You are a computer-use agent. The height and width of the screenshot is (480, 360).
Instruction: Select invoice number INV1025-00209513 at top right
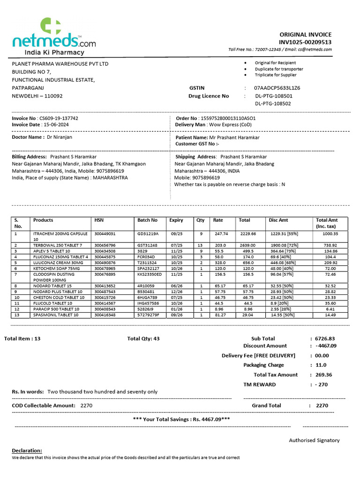click(305, 42)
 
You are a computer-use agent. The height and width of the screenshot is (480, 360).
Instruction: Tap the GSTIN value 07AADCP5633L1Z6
click(277, 88)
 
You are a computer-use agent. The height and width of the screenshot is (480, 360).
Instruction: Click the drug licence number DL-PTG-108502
click(273, 104)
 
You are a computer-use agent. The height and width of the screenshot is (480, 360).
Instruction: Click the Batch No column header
click(148, 220)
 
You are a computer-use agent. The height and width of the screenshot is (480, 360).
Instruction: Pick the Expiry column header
click(176, 220)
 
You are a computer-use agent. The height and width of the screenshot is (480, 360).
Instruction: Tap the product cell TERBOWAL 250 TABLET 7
click(58, 245)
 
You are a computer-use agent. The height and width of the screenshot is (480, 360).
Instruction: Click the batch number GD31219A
click(148, 233)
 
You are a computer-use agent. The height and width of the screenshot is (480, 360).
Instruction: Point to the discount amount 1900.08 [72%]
click(282, 245)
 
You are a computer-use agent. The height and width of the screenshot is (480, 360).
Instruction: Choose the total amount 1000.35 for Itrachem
click(330, 233)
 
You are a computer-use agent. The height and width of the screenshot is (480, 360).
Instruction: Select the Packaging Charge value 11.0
click(321, 365)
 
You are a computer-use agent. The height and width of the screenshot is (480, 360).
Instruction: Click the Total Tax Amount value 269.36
click(323, 375)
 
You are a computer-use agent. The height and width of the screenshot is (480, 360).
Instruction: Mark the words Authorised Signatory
click(314, 440)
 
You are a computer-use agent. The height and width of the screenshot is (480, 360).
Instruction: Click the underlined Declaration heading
click(27, 450)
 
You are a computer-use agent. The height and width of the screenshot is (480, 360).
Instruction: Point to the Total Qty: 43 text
click(143, 338)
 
